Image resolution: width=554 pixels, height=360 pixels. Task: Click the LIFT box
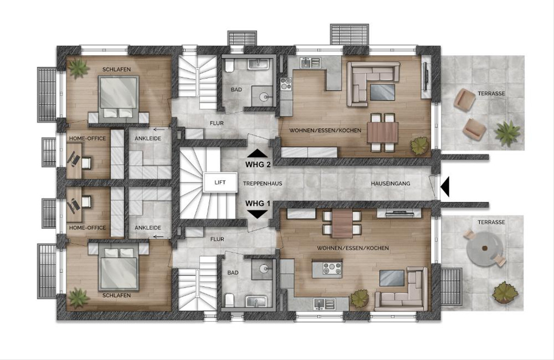pos(220,182)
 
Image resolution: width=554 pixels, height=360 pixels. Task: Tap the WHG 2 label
pos(258,164)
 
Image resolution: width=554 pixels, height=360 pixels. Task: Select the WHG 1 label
pos(258,204)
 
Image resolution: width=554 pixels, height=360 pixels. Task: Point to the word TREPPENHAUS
pos(262,184)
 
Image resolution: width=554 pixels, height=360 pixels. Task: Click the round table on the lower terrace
pos(484,248)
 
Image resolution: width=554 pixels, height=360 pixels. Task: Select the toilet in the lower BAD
pos(229,300)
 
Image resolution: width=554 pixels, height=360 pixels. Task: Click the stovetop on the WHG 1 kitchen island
pos(332,268)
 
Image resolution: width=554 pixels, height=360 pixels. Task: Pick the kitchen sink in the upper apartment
pos(310,63)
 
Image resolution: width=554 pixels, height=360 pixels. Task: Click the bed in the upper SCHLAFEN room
pos(119,97)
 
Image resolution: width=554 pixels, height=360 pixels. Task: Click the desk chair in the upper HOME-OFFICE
pos(85,163)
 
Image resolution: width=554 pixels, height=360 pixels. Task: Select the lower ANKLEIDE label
pos(148,228)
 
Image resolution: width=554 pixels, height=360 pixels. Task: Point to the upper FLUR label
pos(217,123)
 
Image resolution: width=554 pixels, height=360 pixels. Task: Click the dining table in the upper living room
pos(383,132)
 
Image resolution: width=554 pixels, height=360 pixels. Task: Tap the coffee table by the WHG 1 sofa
pos(392,278)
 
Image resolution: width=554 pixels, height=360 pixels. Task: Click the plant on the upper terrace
pos(507,133)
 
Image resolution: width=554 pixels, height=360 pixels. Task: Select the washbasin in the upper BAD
pos(258,64)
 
